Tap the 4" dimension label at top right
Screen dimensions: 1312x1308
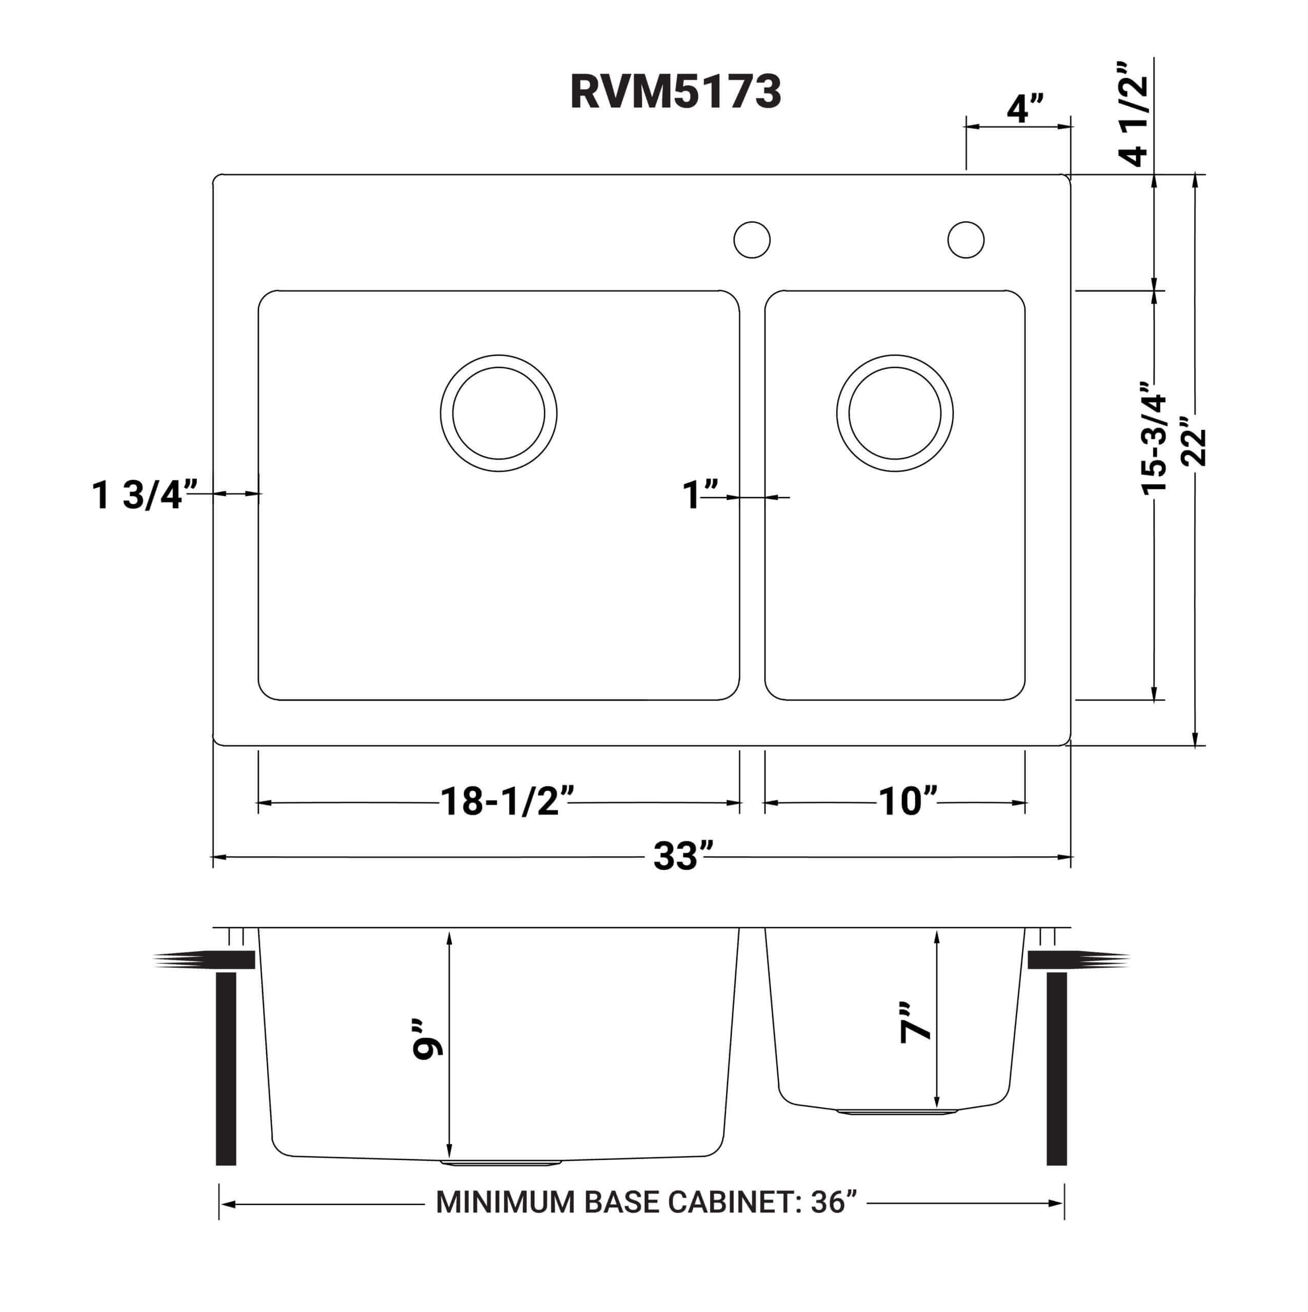[1024, 109]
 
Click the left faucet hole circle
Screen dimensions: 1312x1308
[752, 240]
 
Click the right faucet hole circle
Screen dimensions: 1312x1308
[965, 240]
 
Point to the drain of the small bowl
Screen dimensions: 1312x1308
[894, 413]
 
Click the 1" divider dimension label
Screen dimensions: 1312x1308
[700, 495]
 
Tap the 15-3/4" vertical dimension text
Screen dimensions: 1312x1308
[1155, 437]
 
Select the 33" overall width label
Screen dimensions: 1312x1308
[683, 856]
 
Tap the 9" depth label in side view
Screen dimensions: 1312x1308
[428, 1039]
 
